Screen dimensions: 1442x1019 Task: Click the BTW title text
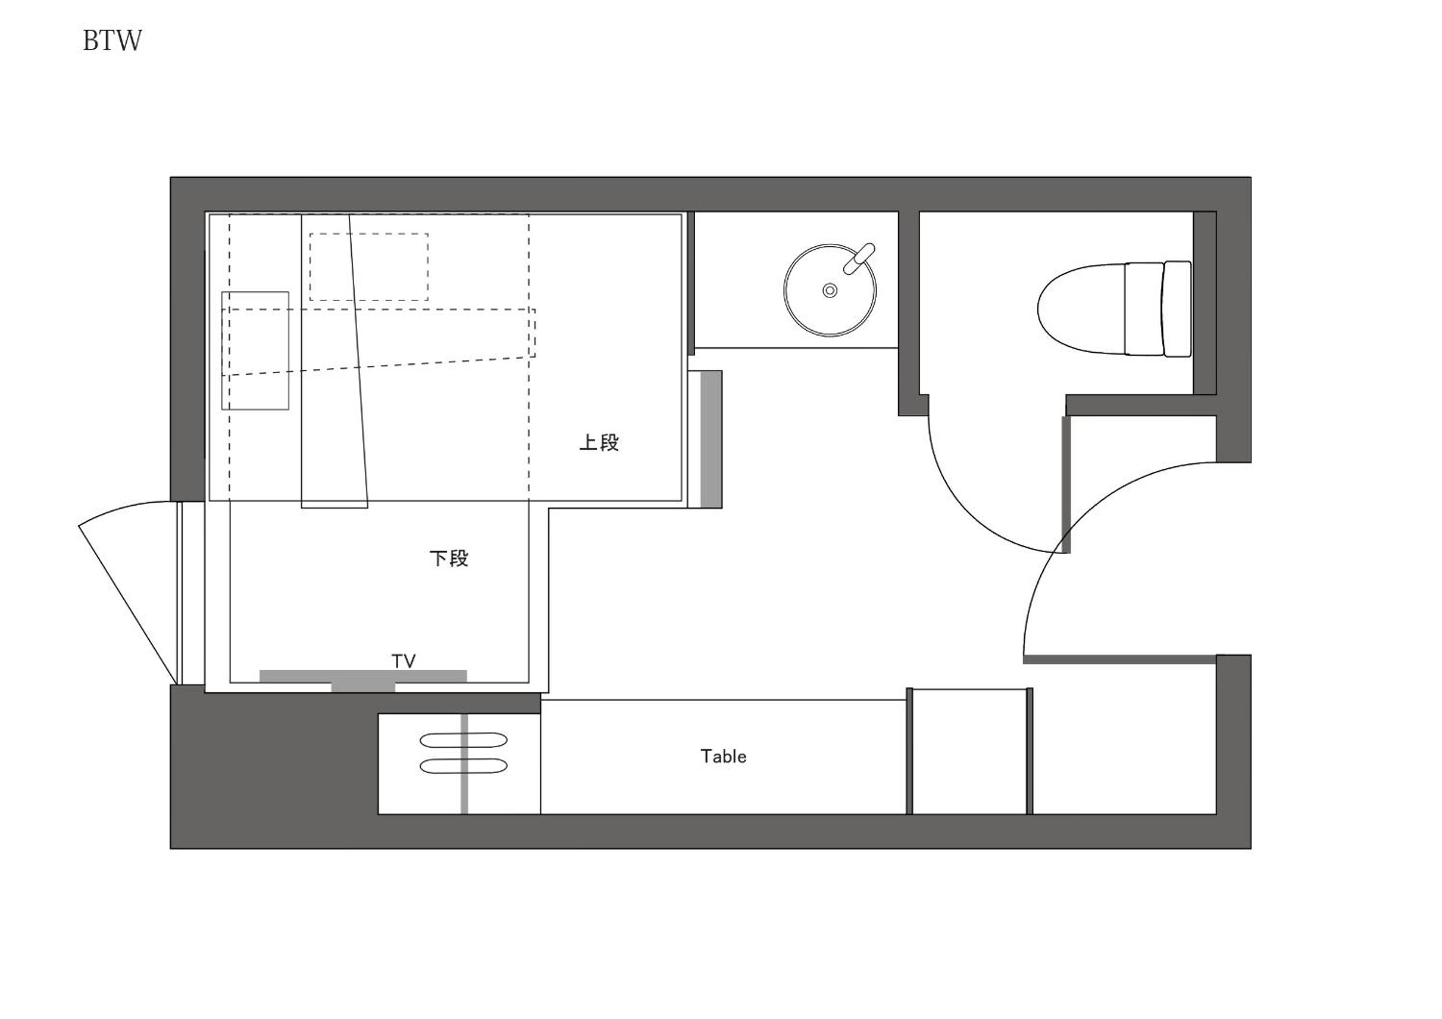point(112,41)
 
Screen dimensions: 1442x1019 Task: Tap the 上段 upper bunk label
point(599,442)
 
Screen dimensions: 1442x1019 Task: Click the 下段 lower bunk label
point(449,558)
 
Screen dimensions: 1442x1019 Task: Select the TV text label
point(404,661)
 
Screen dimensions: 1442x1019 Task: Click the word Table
point(724,756)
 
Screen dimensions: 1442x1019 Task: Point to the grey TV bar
point(363,679)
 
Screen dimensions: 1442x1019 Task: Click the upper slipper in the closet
point(463,740)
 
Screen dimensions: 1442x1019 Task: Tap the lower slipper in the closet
point(463,766)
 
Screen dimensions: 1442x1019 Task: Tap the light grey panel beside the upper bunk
point(710,438)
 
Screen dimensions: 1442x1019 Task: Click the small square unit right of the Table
point(969,752)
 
